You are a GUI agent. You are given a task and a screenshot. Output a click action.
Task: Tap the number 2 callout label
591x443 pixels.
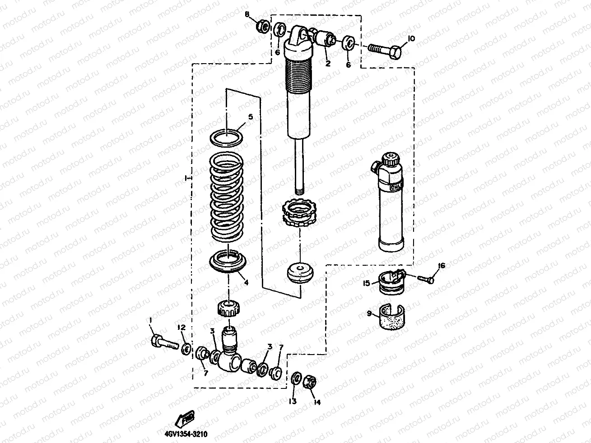(x=328, y=64)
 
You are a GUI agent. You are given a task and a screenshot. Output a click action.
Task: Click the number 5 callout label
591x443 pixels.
(x=250, y=116)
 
